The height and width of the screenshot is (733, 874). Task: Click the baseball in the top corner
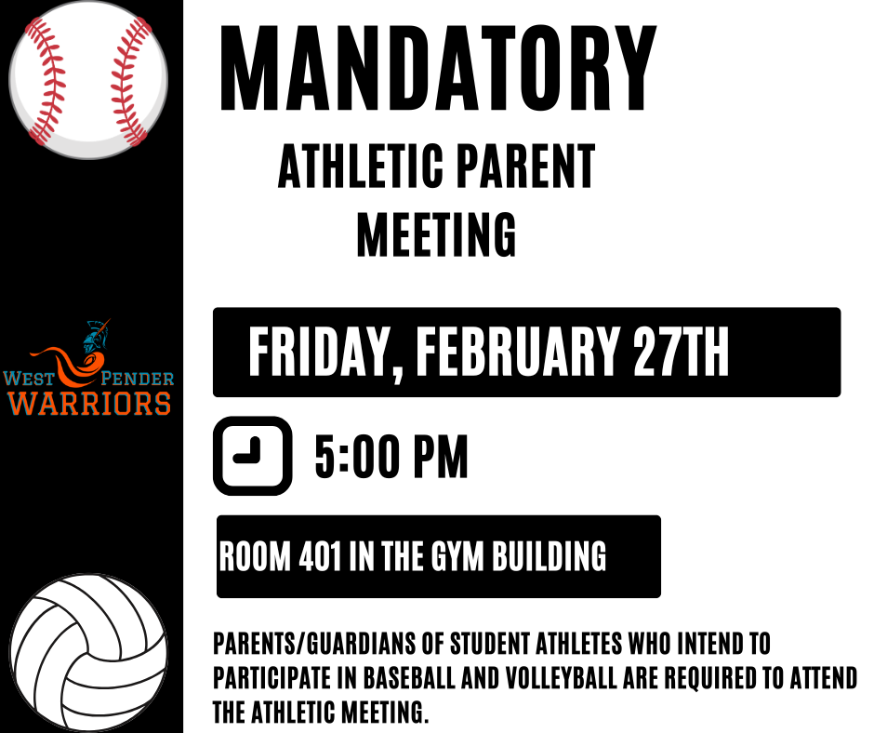click(x=89, y=79)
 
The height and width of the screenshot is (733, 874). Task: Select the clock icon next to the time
click(x=252, y=456)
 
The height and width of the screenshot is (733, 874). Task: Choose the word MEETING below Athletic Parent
click(x=436, y=234)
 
